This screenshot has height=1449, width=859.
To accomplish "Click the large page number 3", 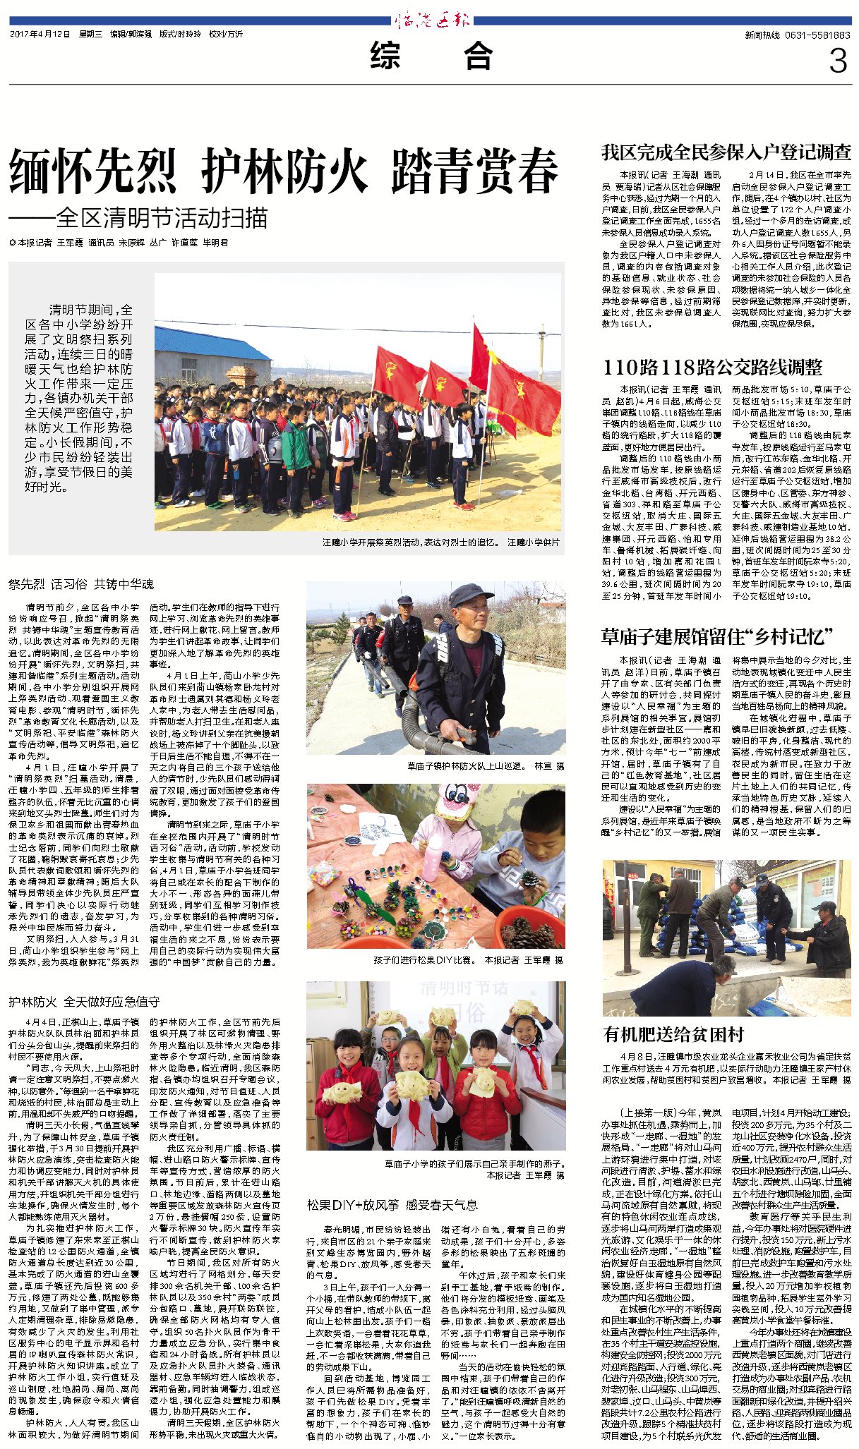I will click(x=838, y=61).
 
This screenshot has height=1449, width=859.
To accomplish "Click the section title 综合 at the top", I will click(x=431, y=56).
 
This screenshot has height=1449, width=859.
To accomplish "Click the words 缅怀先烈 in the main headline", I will click(x=92, y=171).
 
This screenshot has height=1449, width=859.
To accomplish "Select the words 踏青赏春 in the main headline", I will click(x=474, y=171).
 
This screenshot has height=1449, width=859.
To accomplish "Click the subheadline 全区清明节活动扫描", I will click(x=162, y=218).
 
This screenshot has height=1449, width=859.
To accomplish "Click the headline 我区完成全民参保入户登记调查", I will click(x=726, y=152).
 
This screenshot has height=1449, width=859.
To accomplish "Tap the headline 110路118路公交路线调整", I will click(x=712, y=367).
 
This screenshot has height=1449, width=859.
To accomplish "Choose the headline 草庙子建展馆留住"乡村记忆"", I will click(x=717, y=636).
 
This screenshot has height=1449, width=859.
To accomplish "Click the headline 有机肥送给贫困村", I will click(x=673, y=1034).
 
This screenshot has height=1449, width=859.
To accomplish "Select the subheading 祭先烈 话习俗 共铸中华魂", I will click(x=81, y=584).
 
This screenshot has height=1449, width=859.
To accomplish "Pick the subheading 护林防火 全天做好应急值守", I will click(x=84, y=1002).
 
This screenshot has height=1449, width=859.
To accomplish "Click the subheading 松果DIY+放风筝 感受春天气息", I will click(x=392, y=1205).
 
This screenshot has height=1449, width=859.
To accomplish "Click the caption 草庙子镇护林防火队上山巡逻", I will click(x=466, y=765).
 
